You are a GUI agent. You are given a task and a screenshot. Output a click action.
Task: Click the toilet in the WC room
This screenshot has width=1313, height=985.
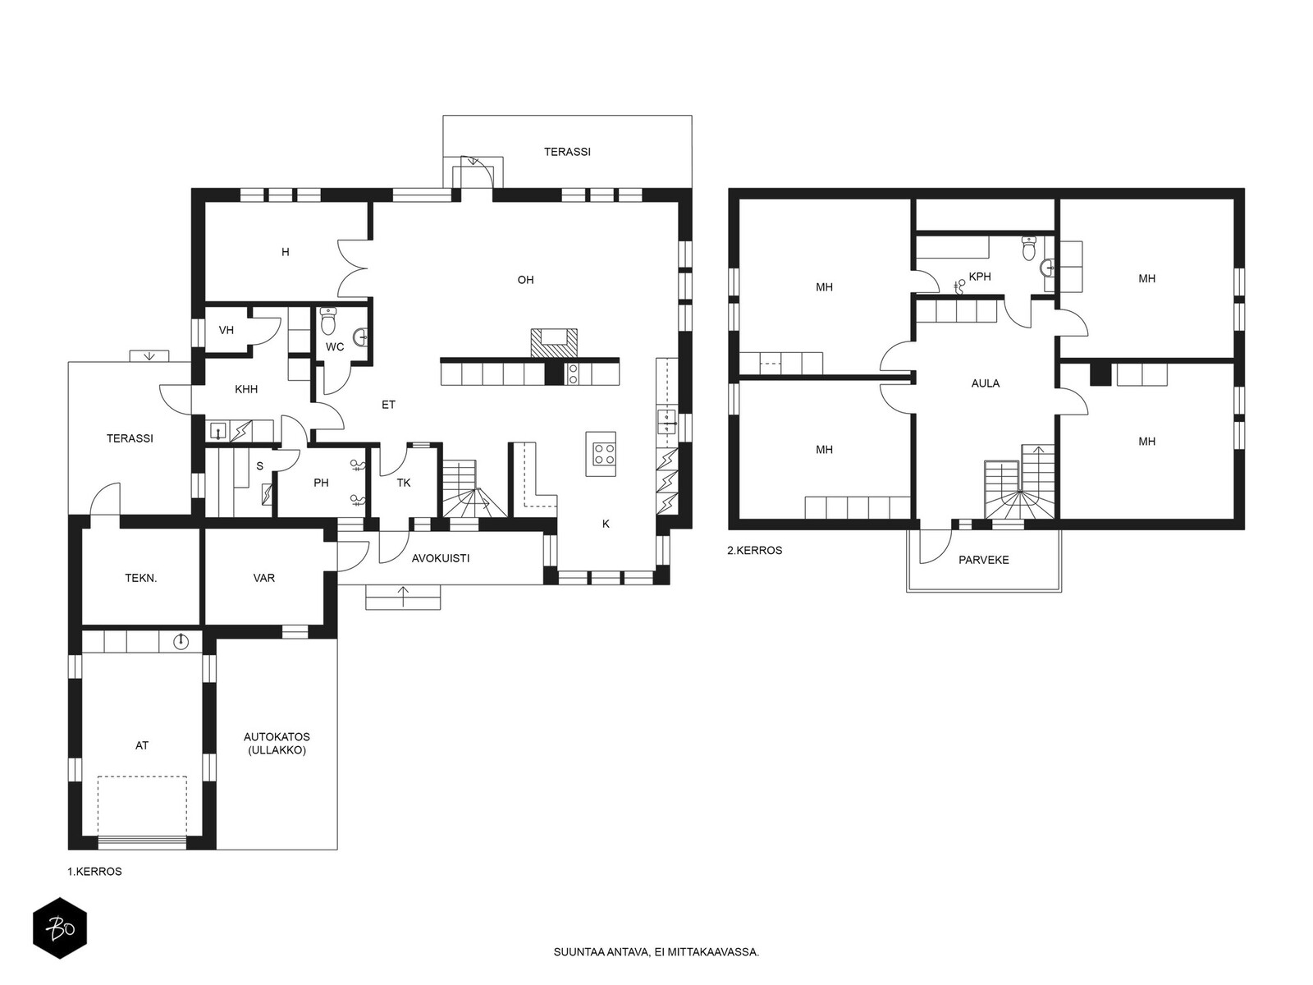click(x=327, y=321)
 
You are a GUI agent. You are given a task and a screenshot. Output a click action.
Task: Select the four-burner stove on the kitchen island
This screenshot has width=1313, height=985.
click(x=603, y=453)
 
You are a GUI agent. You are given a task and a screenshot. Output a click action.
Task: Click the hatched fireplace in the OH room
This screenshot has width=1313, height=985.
click(x=554, y=343)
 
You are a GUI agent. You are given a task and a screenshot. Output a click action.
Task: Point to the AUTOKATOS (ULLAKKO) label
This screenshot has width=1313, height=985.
click(x=277, y=744)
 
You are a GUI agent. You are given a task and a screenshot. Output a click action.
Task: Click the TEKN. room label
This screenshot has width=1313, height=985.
click(x=141, y=579)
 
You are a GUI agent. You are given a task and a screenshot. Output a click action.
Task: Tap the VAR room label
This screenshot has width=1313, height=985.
click(x=263, y=579)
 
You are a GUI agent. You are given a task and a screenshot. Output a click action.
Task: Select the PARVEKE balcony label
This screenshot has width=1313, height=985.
click(x=983, y=561)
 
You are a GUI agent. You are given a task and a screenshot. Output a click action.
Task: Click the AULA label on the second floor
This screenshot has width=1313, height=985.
click(x=986, y=384)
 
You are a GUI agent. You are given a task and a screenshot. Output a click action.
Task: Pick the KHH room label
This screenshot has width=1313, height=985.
click(x=246, y=389)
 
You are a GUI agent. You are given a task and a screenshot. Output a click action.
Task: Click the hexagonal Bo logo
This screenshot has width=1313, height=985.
click(x=60, y=928)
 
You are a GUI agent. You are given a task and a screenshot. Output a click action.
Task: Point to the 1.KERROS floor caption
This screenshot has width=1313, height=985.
click(x=94, y=872)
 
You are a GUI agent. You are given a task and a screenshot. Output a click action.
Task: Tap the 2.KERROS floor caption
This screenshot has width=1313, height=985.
click(x=754, y=550)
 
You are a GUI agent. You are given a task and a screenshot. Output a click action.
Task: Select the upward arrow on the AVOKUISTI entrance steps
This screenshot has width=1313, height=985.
click(x=403, y=597)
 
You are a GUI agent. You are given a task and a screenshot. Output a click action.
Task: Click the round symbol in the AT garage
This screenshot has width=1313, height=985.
click(x=181, y=642)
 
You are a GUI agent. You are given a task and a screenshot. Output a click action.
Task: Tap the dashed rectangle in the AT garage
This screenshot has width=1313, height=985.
click(x=142, y=805)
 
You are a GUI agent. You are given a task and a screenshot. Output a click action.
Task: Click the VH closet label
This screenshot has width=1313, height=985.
click(x=226, y=330)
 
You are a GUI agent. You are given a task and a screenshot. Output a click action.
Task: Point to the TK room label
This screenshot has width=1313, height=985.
click(x=404, y=483)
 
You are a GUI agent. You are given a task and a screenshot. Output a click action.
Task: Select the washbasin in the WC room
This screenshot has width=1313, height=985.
click(x=361, y=338)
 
